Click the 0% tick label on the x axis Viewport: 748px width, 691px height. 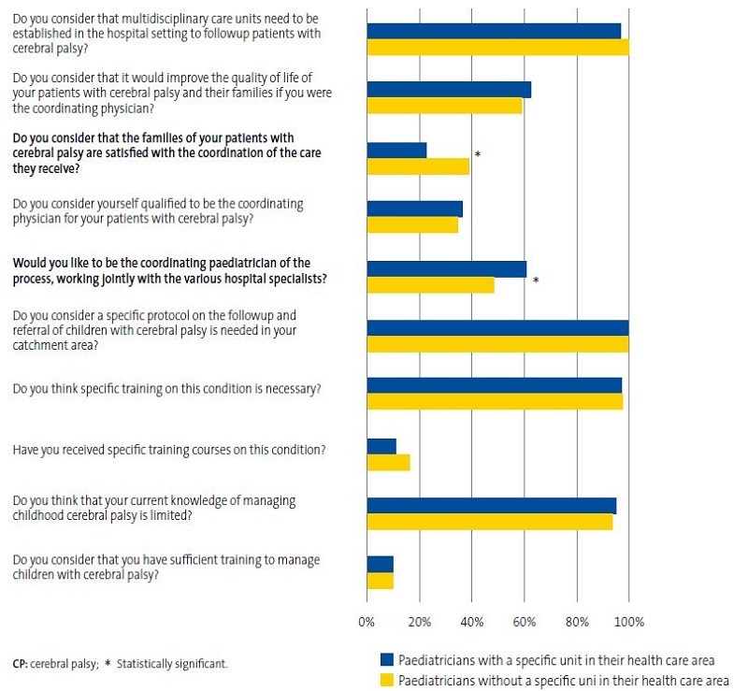click(x=367, y=622)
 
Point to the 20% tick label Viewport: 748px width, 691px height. click(x=419, y=622)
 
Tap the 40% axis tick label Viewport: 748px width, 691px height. click(x=471, y=622)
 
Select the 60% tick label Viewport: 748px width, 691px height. click(x=524, y=622)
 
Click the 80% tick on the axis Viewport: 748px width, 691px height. click(x=576, y=622)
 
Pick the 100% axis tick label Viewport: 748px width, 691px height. click(x=628, y=622)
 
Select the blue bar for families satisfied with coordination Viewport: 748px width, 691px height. click(x=396, y=150)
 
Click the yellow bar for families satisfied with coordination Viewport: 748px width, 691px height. click(x=418, y=166)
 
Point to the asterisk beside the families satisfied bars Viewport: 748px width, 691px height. click(x=478, y=155)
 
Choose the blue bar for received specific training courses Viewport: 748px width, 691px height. click(x=381, y=446)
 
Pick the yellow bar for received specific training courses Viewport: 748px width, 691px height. click(x=388, y=462)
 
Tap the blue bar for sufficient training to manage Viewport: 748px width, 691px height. click(x=380, y=564)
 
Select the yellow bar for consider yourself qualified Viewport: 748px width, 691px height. click(x=412, y=225)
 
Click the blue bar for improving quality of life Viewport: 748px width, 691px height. click(x=449, y=90)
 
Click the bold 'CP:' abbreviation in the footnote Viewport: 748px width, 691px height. click(x=20, y=664)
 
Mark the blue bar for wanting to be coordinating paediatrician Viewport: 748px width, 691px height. click(x=446, y=269)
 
